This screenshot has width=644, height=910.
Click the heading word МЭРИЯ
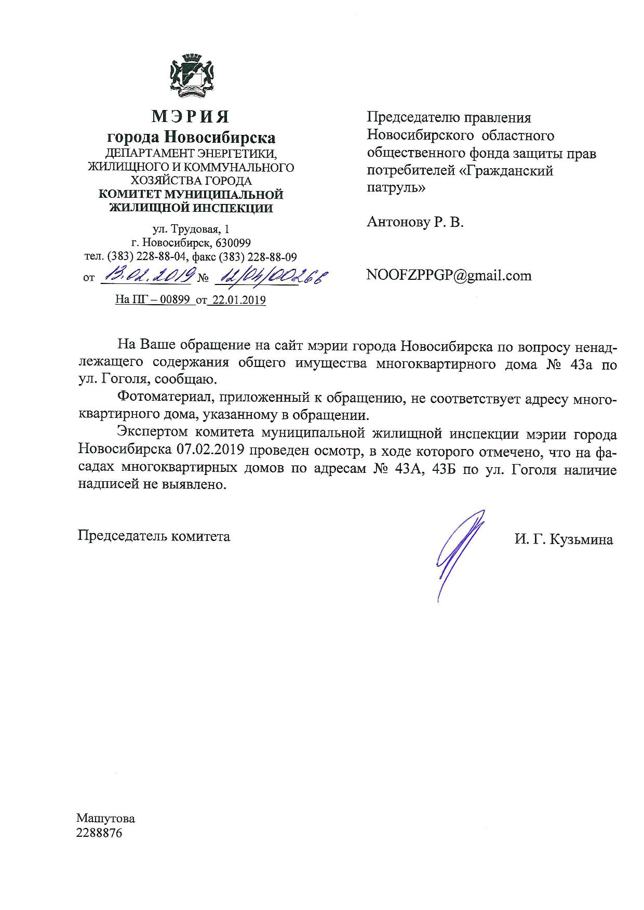point(190,117)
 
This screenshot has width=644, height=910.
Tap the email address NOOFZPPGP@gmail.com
point(449,275)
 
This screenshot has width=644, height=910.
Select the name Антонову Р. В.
point(414,223)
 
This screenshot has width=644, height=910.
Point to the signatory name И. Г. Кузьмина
point(563,539)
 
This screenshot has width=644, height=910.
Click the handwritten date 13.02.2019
point(146,275)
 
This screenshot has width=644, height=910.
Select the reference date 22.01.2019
point(237,300)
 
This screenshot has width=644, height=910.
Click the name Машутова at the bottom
point(106,819)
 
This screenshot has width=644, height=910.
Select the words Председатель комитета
point(154,536)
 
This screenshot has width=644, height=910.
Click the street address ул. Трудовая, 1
point(190,229)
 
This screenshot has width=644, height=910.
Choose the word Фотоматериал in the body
point(163,398)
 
